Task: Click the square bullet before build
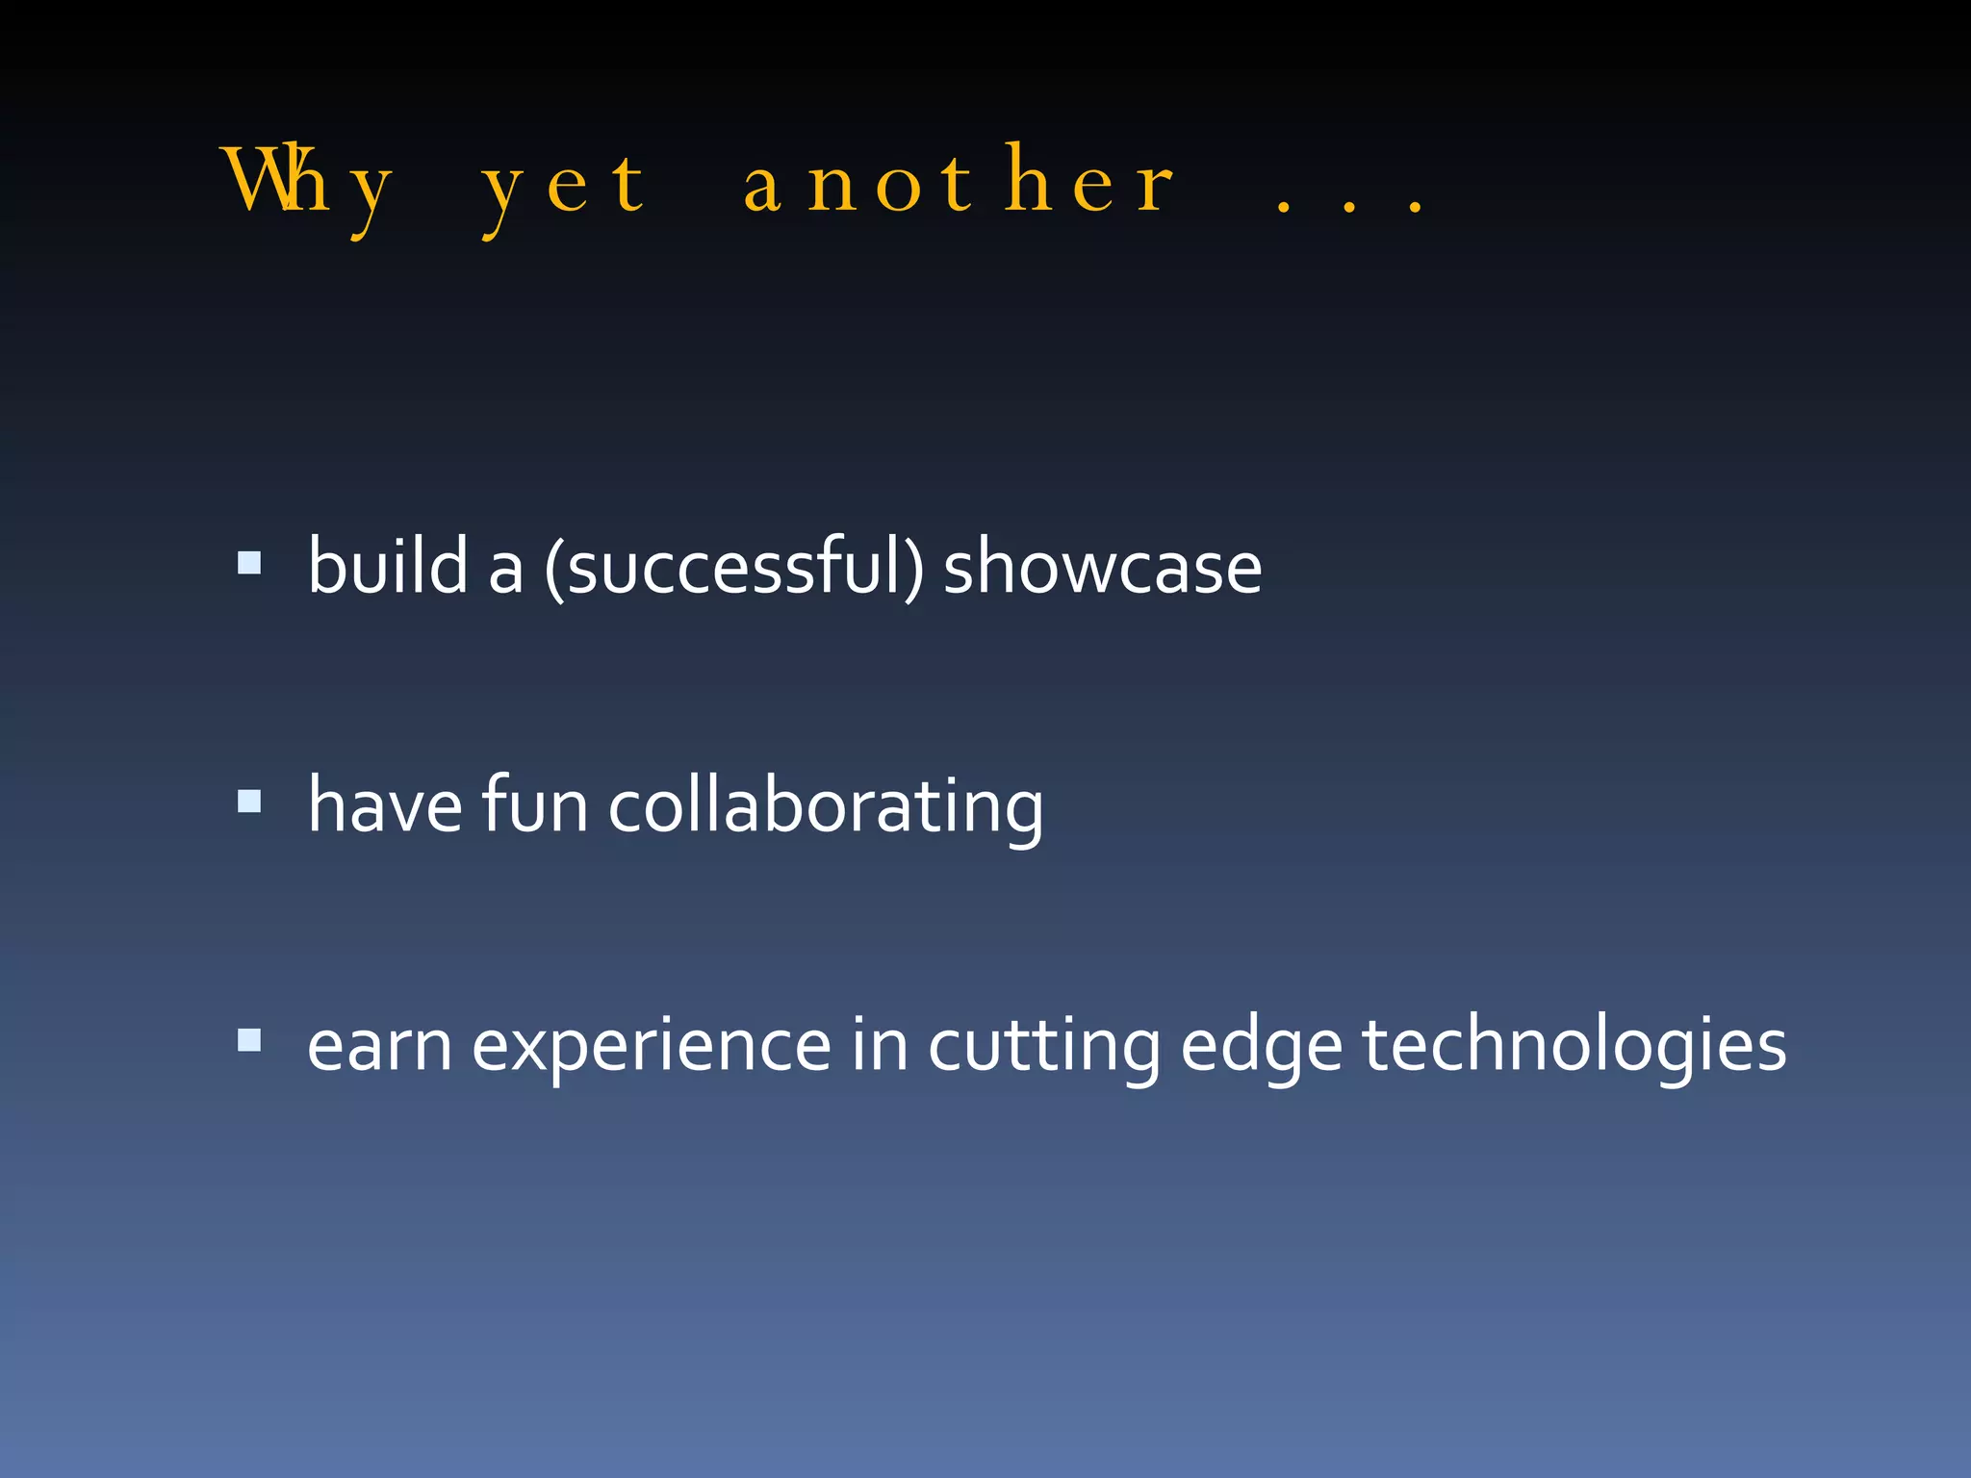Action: [x=249, y=563]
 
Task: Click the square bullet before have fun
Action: [x=249, y=801]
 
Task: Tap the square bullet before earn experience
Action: [x=249, y=1040]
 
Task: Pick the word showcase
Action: [x=1102, y=568]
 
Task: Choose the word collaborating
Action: [x=825, y=808]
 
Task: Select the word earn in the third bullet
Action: [x=379, y=1046]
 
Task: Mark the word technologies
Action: [x=1574, y=1047]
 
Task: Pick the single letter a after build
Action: [x=505, y=570]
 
